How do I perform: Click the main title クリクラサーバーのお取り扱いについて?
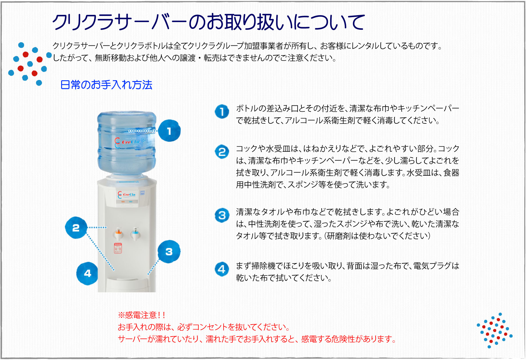click(208, 22)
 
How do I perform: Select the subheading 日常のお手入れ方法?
click(106, 85)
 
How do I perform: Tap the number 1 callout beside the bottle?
click(169, 131)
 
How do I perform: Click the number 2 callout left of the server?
click(76, 228)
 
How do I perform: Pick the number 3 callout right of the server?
click(169, 251)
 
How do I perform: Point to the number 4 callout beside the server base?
click(87, 273)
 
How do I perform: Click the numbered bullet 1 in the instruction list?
click(222, 111)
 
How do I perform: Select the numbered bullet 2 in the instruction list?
click(222, 152)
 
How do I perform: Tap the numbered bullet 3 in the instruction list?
click(222, 215)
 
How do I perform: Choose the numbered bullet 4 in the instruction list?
click(222, 269)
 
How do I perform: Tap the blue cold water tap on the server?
click(135, 234)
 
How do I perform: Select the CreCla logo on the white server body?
click(126, 195)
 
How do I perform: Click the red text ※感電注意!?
click(142, 315)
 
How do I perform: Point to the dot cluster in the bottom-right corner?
click(495, 331)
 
